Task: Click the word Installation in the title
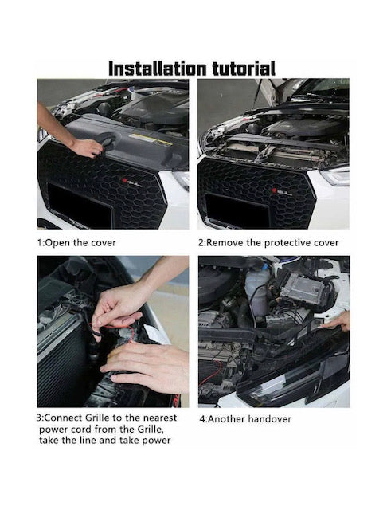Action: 157,69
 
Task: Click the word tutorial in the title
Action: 244,69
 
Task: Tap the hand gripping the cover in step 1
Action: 87,148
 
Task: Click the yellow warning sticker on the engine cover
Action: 151,139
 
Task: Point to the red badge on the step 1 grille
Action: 124,181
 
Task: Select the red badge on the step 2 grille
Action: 274,190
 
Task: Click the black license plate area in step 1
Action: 79,202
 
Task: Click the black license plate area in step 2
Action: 237,210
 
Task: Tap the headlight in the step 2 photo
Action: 337,175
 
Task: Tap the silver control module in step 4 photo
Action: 303,288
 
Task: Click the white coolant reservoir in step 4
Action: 257,291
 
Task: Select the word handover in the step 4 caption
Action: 269,419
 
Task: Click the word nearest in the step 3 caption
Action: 160,418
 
